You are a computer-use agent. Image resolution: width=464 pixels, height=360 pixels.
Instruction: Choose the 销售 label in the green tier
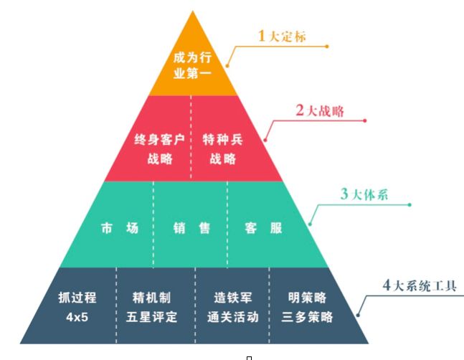(191, 229)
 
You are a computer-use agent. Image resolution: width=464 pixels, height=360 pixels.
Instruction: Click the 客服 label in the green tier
(264, 229)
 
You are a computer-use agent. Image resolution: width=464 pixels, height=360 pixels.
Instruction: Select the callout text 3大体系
(364, 195)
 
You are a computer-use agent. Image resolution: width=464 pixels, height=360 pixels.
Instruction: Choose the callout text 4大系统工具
(420, 285)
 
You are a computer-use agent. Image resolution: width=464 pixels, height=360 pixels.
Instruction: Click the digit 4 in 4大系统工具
(387, 285)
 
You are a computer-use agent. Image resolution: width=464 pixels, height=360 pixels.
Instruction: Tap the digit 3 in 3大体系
(344, 195)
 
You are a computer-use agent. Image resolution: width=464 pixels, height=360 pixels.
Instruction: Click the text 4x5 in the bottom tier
(72, 316)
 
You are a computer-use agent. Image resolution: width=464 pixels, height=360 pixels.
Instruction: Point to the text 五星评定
(155, 316)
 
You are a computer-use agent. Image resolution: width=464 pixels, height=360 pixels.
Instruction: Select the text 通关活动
(232, 316)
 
